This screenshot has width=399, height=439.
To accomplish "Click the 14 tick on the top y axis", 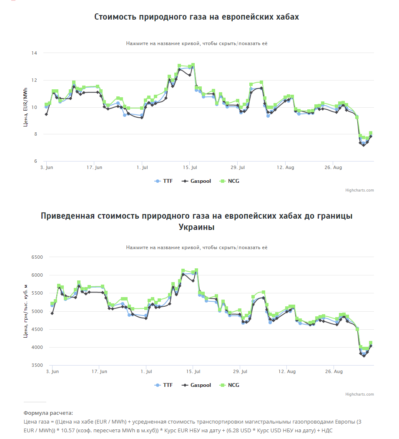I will [x=34, y=53].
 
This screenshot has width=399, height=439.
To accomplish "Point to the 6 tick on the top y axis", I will [x=35, y=161].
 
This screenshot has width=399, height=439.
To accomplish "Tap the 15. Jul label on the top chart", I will [x=190, y=167].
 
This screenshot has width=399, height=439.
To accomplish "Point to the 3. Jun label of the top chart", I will [x=46, y=167].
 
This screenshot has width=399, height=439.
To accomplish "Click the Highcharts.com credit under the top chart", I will [x=359, y=190].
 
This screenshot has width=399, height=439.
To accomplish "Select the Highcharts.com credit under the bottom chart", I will [x=359, y=394].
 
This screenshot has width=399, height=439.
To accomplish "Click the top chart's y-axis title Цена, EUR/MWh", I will [x=26, y=107].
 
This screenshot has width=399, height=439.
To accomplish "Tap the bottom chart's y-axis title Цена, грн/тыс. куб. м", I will [x=26, y=311].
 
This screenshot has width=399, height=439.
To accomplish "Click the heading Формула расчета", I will [x=48, y=413].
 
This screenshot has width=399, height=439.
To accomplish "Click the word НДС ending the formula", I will [x=326, y=430].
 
